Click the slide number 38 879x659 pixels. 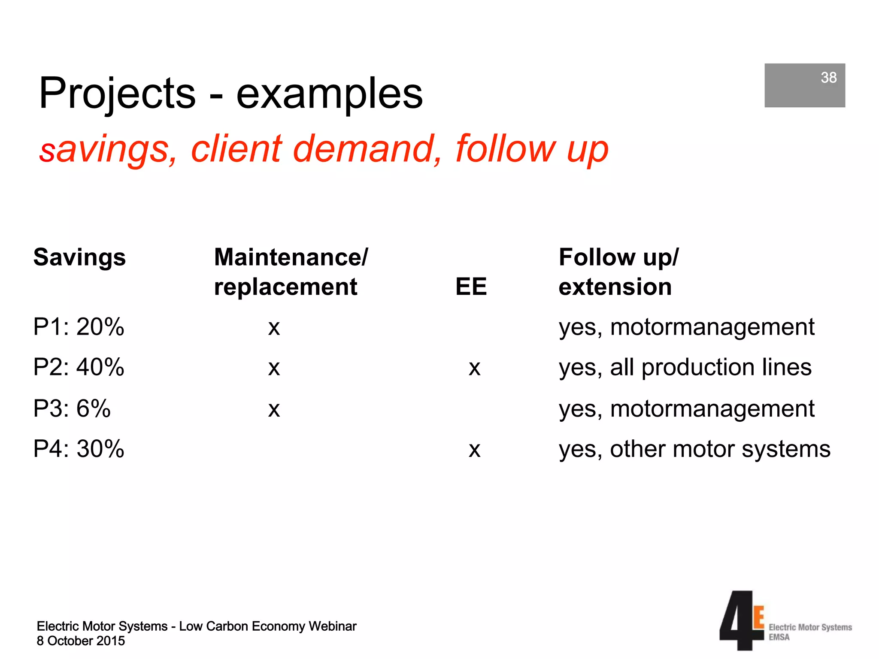coord(828,78)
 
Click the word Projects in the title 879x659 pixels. coord(117,93)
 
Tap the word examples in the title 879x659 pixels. coord(329,94)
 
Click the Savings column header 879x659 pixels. coord(79,257)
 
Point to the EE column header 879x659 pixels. coord(471,287)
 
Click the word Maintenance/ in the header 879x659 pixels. coord(291,257)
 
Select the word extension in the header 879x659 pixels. coord(615,287)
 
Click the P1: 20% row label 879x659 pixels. coord(79,327)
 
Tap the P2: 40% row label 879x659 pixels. coord(79,367)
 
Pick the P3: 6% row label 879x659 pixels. coord(72,408)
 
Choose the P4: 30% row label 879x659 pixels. coord(79,449)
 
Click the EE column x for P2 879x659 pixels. coord(474,369)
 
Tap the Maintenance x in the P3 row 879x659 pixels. coord(274,410)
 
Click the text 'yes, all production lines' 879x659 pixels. coord(685,368)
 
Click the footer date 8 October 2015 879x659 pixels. coord(81,641)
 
